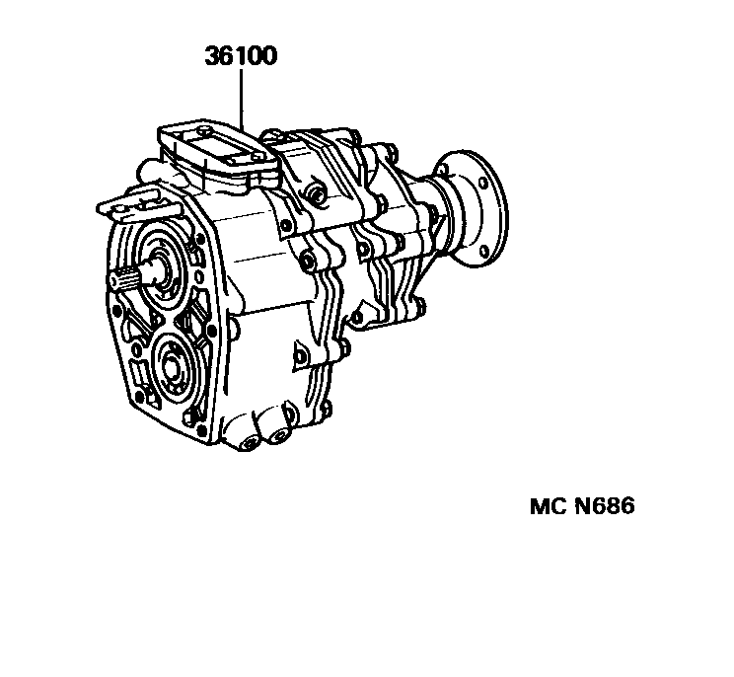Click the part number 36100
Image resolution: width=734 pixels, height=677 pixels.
pos(240,56)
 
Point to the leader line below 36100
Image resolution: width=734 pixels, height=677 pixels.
pos(240,99)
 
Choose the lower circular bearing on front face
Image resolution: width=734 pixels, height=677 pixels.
pos(176,364)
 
